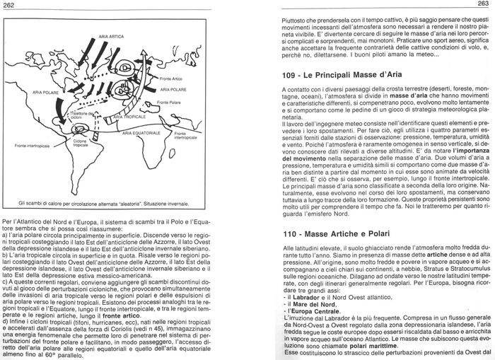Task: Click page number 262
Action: pyautogui.click(x=9, y=5)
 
